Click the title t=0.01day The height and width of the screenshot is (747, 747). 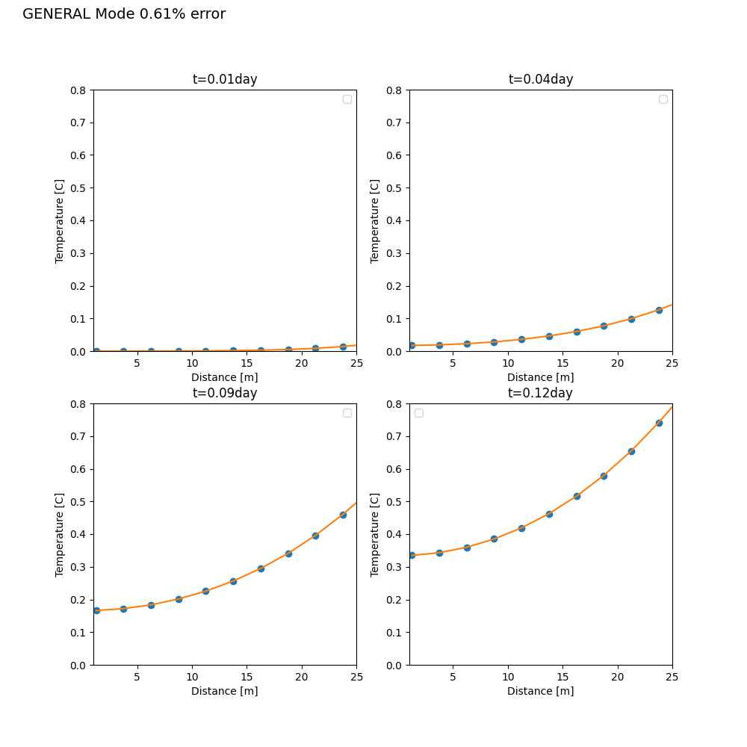(225, 79)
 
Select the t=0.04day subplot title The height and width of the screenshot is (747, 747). (541, 79)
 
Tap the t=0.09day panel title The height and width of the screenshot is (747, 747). (225, 393)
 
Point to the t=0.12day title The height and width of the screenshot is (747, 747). (540, 393)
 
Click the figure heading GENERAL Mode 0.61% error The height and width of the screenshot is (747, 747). (124, 13)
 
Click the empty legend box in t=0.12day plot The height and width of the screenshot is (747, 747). (419, 413)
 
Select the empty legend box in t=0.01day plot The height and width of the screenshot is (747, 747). (347, 99)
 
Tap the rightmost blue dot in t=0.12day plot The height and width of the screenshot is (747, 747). (659, 423)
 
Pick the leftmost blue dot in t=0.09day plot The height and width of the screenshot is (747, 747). (96, 610)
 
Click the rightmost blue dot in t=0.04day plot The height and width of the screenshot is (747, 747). (659, 310)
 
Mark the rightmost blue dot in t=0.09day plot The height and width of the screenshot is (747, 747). (343, 515)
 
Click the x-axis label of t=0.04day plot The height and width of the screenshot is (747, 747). (540, 377)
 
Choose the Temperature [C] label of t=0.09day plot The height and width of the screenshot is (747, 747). (59, 535)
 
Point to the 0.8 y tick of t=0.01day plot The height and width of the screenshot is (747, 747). (78, 90)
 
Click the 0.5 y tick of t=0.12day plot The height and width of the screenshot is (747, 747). (394, 502)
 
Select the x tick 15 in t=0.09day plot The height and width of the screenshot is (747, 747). (247, 677)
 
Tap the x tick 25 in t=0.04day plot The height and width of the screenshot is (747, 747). (672, 363)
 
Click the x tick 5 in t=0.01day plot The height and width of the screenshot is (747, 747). (137, 363)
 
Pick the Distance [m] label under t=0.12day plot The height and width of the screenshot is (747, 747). (540, 691)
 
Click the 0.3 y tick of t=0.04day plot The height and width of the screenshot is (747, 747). (394, 253)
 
